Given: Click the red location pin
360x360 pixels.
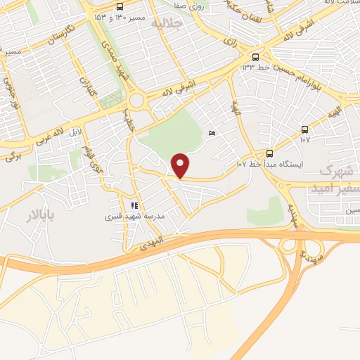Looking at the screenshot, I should click(181, 165).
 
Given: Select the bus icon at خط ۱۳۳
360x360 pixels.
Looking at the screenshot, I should click(255, 57).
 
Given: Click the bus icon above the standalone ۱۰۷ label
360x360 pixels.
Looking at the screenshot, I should click(304, 129).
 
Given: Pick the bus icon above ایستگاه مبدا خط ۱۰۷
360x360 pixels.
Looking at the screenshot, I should click(269, 153).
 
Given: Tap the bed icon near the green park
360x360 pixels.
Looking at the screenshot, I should click(213, 134).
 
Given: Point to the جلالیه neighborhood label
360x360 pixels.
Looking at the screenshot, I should click(167, 23).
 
